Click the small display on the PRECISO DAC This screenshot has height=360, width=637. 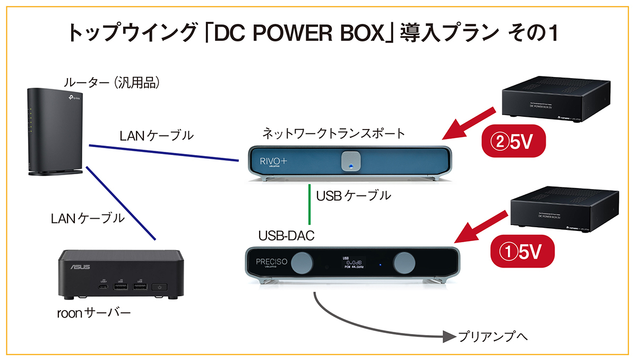pyautogui.click(x=351, y=262)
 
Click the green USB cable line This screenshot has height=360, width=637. pyautogui.click(x=309, y=204)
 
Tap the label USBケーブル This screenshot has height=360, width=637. pyautogui.click(x=354, y=196)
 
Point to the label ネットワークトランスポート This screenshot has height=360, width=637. pyautogui.click(x=333, y=133)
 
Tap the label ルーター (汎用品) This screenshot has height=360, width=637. pyautogui.click(x=112, y=83)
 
